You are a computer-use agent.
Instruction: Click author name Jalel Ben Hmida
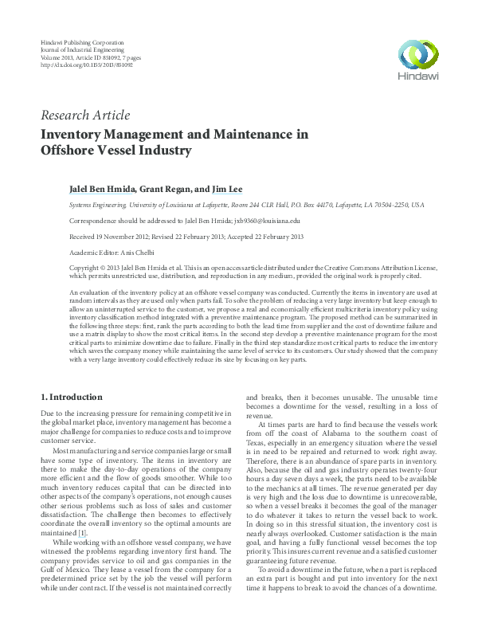[104, 190]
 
